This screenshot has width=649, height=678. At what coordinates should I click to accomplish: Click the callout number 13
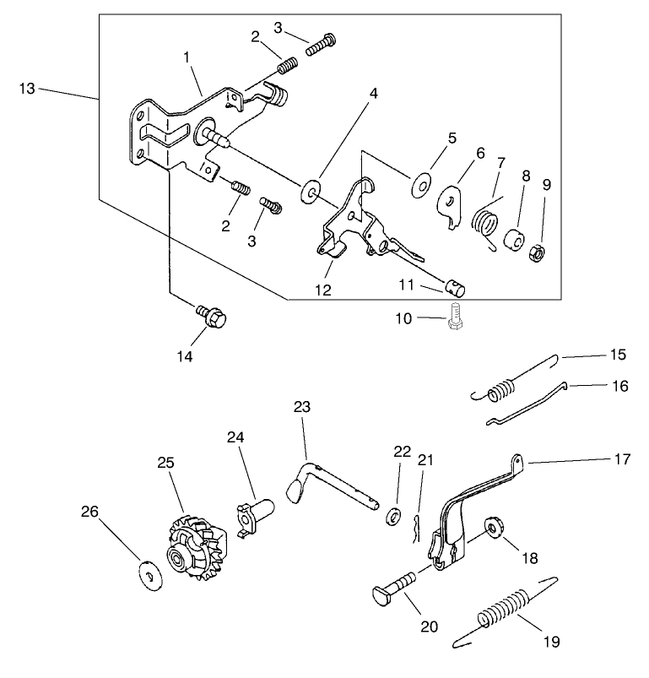pyautogui.click(x=26, y=88)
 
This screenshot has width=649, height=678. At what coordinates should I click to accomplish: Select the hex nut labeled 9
pyautogui.click(x=534, y=252)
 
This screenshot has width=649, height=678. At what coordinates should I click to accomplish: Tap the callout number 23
pyautogui.click(x=302, y=407)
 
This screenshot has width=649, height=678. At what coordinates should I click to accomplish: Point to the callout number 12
pyautogui.click(x=322, y=290)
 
